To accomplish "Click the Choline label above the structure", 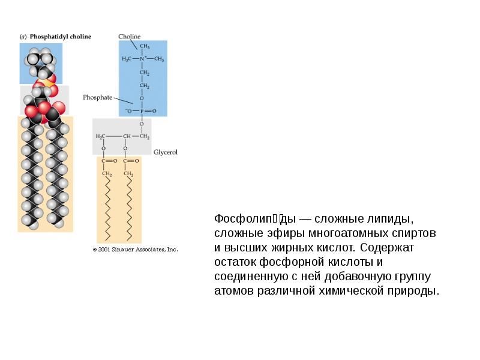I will pyautogui.click(x=129, y=37).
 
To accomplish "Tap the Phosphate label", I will pyautogui.click(x=97, y=97).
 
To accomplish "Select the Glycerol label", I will pyautogui.click(x=166, y=153).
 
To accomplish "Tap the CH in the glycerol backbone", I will pyautogui.click(x=127, y=136).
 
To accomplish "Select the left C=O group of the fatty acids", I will pyautogui.click(x=106, y=161).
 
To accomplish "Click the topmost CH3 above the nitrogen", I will pyautogui.click(x=145, y=46).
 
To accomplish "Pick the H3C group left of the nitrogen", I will pyautogui.click(x=127, y=59).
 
